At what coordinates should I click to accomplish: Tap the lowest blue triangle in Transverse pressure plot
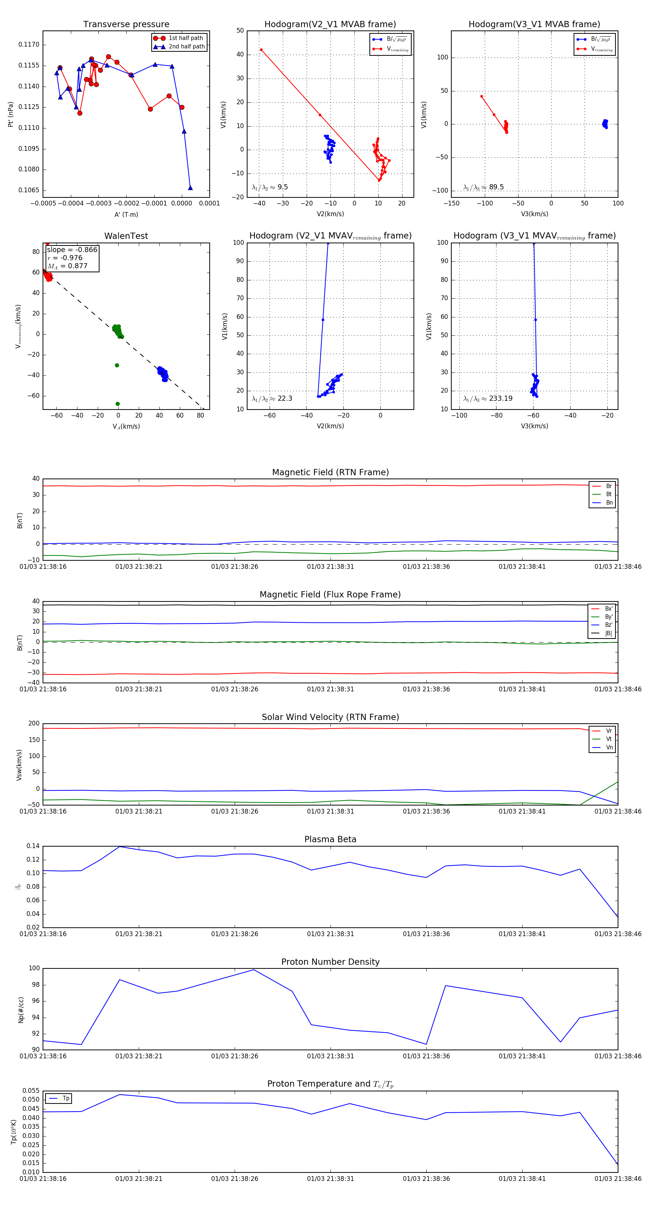pos(190,188)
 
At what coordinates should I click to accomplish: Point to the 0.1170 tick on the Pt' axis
pos(29,45)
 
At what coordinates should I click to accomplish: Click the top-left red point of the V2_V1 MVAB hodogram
pos(261,50)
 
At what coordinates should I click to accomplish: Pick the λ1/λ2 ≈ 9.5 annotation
pos(270,187)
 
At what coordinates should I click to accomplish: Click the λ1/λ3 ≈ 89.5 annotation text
pos(483,187)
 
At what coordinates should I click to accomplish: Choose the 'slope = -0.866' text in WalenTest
pos(72,250)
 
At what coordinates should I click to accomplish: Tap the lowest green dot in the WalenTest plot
pos(118,404)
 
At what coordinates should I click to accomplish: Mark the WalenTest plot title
pos(126,236)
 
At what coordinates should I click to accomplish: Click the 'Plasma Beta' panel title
pos(330,839)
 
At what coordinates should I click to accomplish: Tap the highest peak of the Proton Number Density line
pos(254,970)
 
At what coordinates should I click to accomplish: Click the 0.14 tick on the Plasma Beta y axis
pos(33,846)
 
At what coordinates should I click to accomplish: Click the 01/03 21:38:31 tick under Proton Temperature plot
pos(330,1179)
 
